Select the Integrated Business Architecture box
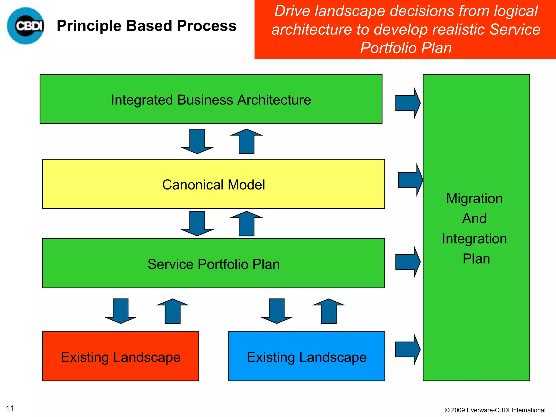pyautogui.click(x=211, y=99)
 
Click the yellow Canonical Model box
pyautogui.click(x=213, y=184)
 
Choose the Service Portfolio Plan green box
pyautogui.click(x=213, y=264)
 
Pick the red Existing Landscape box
pyautogui.click(x=121, y=356)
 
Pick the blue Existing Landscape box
pyautogui.click(x=307, y=356)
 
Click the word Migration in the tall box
pyautogui.click(x=474, y=198)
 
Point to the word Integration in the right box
pyautogui.click(x=474, y=239)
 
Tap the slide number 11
pyautogui.click(x=10, y=408)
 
